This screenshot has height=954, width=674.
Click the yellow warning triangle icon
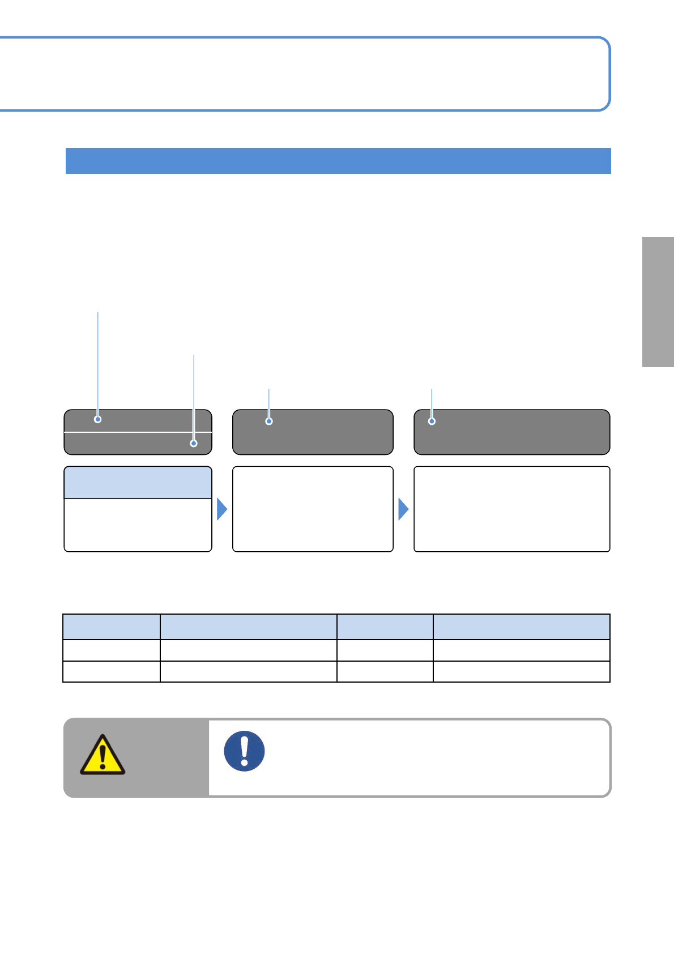point(103,755)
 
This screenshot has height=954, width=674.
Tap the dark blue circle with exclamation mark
point(244,751)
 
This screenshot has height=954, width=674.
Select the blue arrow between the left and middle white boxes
point(222,509)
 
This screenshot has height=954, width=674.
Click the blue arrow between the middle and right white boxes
point(403,509)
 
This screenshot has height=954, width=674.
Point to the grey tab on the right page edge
point(658,302)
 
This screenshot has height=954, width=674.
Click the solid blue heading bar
point(338,161)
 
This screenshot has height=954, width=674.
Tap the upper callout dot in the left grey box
point(98,419)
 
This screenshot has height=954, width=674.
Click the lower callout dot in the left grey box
point(194,444)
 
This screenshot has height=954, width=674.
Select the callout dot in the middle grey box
point(269,421)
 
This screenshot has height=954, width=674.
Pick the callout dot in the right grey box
point(432,421)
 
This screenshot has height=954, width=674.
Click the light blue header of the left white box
point(138,483)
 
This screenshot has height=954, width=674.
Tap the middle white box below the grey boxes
point(313,509)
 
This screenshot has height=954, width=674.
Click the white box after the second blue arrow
point(511,509)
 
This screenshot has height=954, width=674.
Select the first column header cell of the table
point(112,627)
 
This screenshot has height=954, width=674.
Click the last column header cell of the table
point(521,627)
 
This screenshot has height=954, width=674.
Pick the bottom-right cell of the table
point(521,672)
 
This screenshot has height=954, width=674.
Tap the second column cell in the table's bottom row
point(248,672)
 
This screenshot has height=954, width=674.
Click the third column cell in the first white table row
point(385,650)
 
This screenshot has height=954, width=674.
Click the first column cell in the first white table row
point(112,650)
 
